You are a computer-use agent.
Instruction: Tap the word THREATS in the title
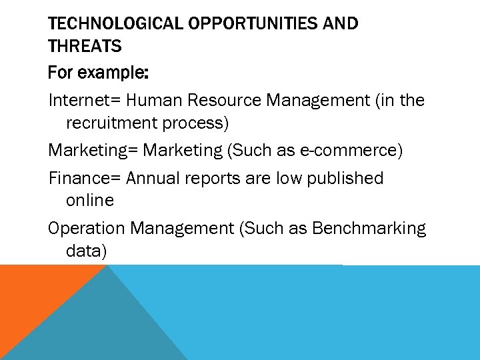(x=85, y=47)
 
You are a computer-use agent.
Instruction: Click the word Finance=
(x=85, y=179)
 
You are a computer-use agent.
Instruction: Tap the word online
(x=90, y=201)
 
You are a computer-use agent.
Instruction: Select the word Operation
(x=87, y=229)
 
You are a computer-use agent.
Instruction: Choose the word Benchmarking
(x=369, y=229)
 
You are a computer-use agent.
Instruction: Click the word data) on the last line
(x=87, y=251)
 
